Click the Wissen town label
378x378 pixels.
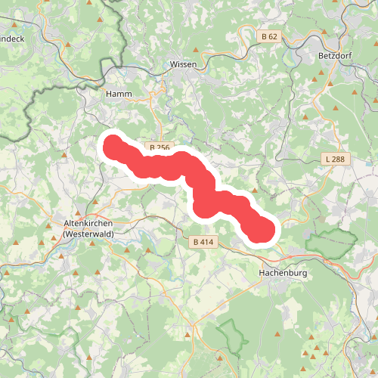(184, 64)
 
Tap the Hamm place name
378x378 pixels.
(120, 94)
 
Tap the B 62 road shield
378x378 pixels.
(270, 36)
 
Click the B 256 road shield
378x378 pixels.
(160, 147)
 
